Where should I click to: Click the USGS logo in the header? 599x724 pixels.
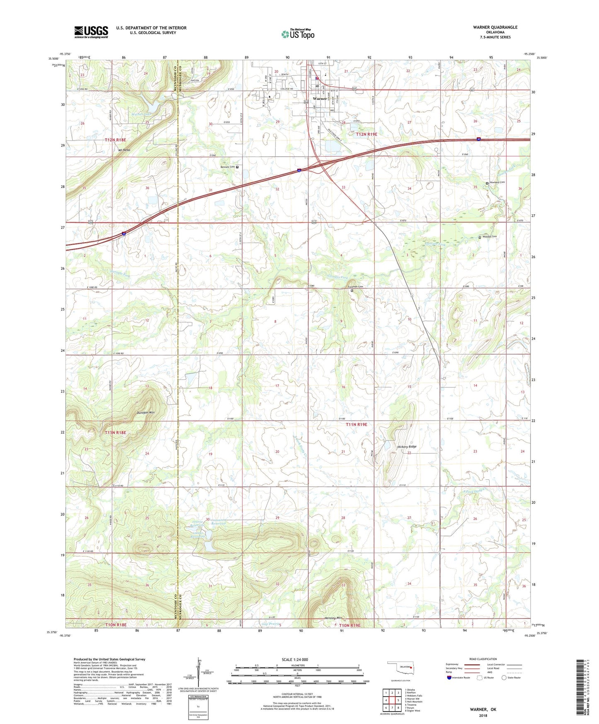click(91, 32)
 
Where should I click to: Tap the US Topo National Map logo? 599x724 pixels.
click(298, 34)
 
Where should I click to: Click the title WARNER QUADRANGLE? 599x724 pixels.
click(495, 27)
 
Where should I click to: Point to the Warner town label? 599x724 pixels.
click(320, 99)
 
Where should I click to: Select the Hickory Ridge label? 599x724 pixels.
click(407, 447)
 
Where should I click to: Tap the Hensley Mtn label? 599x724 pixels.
click(334, 617)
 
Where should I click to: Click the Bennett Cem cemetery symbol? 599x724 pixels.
click(238, 167)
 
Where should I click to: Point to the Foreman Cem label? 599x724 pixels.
click(355, 287)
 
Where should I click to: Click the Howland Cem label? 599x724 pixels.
click(497, 182)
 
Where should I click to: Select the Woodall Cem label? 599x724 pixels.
click(490, 236)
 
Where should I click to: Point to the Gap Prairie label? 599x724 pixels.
click(270, 624)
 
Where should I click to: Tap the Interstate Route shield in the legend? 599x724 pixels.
click(450, 678)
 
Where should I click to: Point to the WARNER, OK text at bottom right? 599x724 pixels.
click(483, 709)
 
